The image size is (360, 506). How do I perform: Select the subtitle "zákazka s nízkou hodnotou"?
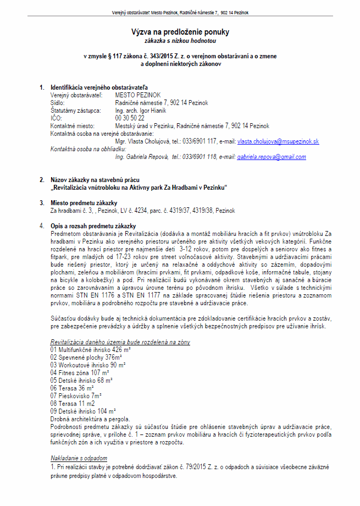point(180,41)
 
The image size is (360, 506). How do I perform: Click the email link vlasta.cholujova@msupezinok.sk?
point(278,141)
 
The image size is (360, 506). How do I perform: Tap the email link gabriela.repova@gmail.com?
point(272,157)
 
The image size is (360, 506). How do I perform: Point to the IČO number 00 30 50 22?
point(130,118)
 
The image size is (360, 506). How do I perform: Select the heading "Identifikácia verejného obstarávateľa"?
point(99,87)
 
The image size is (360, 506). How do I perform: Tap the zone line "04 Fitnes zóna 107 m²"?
point(80,372)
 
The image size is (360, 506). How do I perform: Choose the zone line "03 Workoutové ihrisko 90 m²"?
point(88,364)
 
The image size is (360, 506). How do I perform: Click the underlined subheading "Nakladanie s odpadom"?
point(79,458)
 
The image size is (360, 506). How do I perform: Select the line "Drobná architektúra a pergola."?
point(90,419)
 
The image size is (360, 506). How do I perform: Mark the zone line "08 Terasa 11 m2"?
point(74,403)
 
